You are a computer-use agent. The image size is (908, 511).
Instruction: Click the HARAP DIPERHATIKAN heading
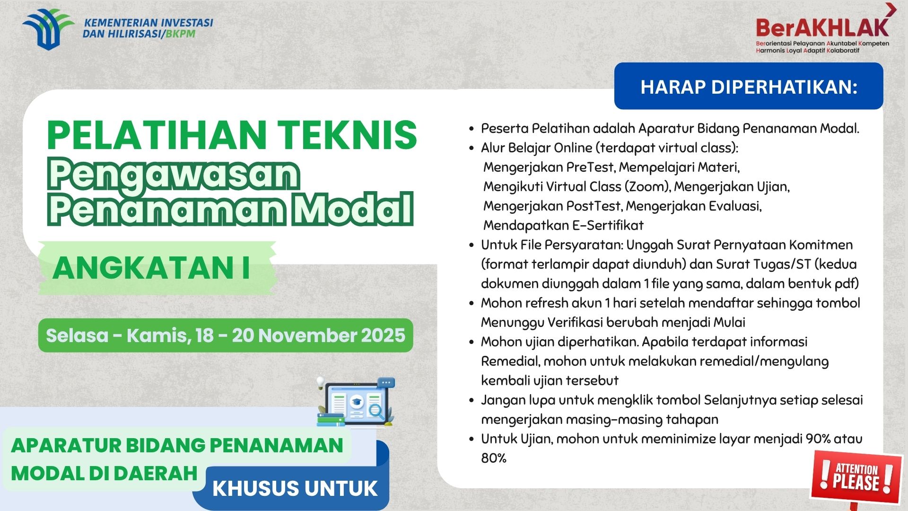pos(749,87)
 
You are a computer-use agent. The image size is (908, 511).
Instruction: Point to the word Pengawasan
pos(174,174)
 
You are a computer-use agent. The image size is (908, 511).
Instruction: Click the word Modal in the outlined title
pos(352,208)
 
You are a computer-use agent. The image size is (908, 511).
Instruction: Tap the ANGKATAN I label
pos(151,268)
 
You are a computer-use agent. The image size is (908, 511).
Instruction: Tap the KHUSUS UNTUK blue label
pos(295,488)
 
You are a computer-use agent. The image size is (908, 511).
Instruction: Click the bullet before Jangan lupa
pos(471,400)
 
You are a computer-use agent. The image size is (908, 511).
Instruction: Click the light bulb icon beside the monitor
pos(321,381)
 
